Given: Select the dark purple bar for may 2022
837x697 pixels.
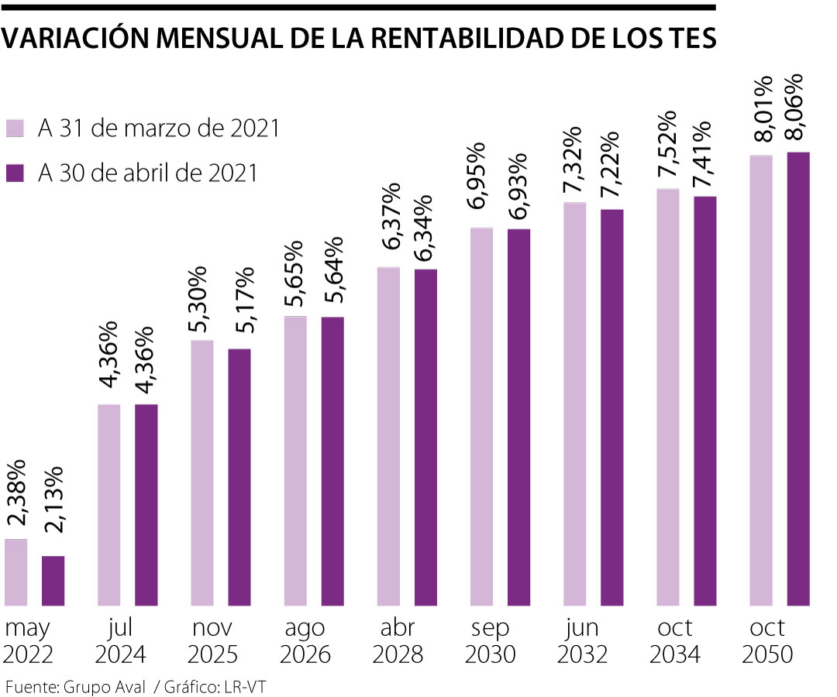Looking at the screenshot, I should tap(53, 580).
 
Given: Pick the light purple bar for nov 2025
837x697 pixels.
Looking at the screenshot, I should tap(202, 472).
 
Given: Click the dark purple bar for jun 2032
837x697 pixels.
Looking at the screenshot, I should tap(611, 407).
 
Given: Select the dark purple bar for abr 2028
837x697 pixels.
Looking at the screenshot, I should tap(425, 437).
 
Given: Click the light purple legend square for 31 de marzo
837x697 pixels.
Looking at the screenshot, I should tap(15, 129).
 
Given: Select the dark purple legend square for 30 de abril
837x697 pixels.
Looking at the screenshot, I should tap(15, 173).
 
